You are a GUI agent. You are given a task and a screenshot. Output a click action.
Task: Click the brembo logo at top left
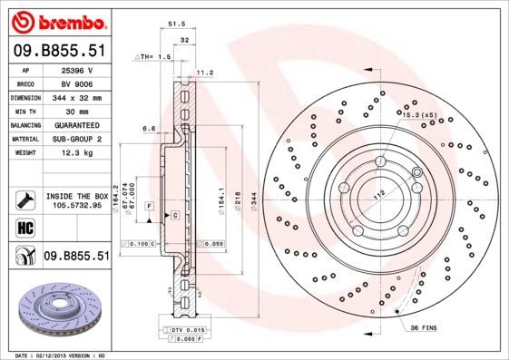[x=56, y=20]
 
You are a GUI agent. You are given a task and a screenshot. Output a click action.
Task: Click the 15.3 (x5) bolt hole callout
[x=420, y=115]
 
